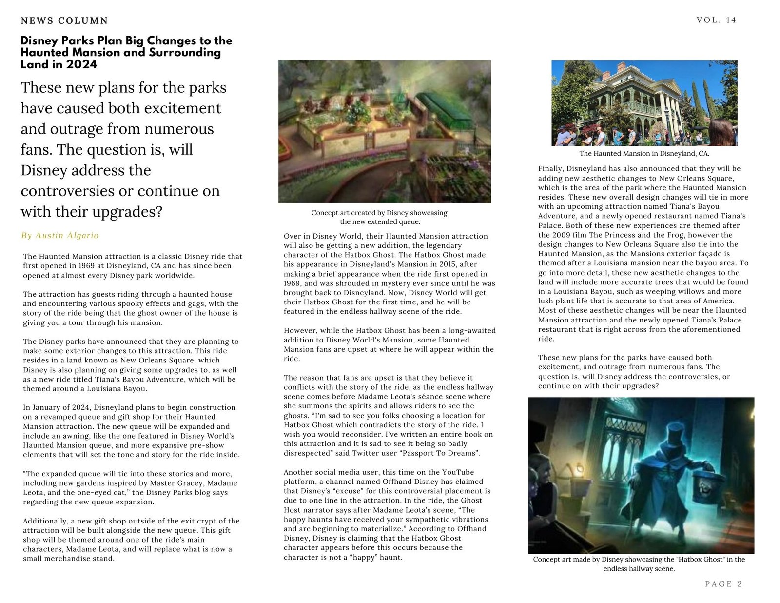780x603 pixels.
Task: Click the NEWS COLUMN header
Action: [64, 20]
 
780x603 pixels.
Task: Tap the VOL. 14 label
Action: [716, 20]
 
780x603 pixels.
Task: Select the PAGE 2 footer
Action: [723, 584]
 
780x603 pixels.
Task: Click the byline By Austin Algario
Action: [59, 236]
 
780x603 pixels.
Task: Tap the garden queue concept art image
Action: [385, 131]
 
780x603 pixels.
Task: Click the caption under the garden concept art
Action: [379, 217]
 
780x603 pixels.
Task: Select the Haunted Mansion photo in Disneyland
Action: [644, 103]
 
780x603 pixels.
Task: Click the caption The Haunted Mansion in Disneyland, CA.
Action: [644, 153]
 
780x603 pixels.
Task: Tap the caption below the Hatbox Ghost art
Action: [639, 564]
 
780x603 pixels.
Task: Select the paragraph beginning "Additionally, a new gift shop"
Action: [132, 540]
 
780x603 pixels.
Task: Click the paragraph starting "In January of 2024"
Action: [132, 431]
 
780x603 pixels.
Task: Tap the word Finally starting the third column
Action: [550, 169]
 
